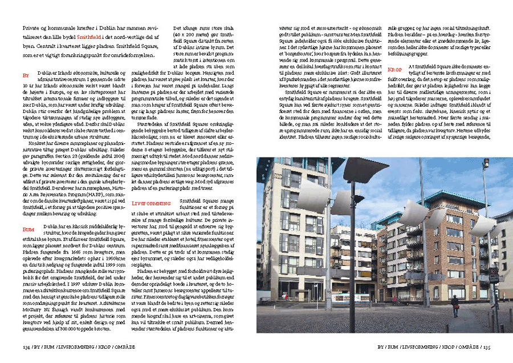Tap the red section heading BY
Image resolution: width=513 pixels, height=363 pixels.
(25, 75)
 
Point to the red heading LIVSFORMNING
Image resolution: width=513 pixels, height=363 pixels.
(150, 203)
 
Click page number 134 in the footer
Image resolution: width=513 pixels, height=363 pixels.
(26, 346)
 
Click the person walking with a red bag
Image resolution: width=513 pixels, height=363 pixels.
(455, 306)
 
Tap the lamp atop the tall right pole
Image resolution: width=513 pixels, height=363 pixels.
(485, 163)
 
